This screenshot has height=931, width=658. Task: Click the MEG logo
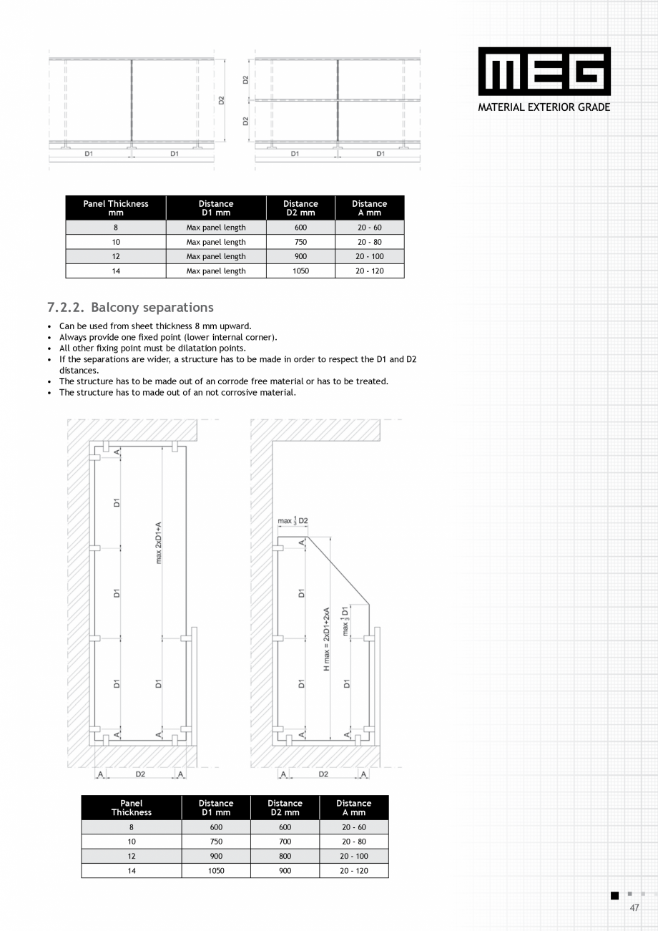(x=544, y=72)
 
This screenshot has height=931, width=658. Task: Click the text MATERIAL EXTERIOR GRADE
(x=544, y=107)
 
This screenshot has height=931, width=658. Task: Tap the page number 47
(x=634, y=907)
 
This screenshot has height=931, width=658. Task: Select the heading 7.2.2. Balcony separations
(x=130, y=307)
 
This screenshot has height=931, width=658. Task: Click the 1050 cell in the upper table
(x=300, y=271)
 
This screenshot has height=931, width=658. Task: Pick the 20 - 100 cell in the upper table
(x=369, y=256)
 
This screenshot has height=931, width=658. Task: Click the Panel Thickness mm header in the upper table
(x=116, y=208)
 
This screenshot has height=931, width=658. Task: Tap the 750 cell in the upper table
(x=300, y=242)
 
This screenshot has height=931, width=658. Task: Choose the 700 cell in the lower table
(x=285, y=842)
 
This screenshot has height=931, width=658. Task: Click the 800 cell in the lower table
(x=285, y=856)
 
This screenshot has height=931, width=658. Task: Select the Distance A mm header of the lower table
(x=353, y=807)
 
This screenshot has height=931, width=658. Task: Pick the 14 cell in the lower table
(x=132, y=871)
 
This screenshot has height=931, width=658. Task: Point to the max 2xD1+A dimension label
(x=159, y=542)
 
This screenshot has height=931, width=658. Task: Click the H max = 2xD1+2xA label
(x=327, y=639)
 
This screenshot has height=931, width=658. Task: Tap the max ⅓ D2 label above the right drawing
(x=293, y=520)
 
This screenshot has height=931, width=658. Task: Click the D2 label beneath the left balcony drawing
(x=140, y=774)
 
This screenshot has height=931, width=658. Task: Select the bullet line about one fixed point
(x=168, y=337)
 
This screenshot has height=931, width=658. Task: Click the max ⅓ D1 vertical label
(x=345, y=621)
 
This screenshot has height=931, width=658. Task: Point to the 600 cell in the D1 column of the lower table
(x=216, y=827)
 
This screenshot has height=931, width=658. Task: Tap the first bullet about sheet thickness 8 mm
(x=155, y=326)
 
